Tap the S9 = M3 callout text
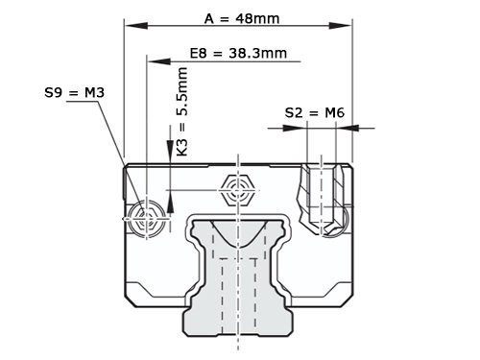coord(74,92)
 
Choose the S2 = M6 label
coord(314,112)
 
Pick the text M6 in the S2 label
coord(333,112)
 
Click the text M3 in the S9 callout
coord(92,92)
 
